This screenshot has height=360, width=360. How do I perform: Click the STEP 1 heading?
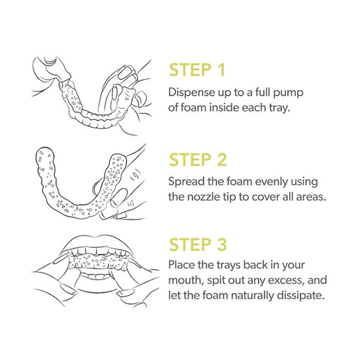point(197,70)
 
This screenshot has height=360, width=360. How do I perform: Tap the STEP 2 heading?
point(198,160)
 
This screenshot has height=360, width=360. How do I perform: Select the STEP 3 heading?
point(198,244)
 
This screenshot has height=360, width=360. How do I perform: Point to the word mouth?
point(186,281)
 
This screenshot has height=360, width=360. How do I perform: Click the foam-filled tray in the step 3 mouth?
point(98,261)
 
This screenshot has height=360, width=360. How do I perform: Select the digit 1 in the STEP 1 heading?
point(221,70)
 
